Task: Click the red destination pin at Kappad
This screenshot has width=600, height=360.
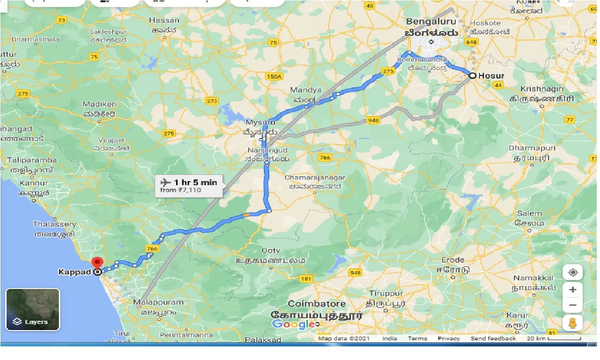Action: tap(97, 263)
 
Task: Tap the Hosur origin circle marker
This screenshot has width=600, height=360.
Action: tap(472, 75)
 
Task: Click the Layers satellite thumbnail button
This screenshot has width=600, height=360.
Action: tap(33, 309)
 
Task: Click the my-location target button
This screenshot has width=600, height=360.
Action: tap(572, 273)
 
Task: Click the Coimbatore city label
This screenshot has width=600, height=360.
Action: tap(316, 304)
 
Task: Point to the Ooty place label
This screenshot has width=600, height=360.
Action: tap(271, 251)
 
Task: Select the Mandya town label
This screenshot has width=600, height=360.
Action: tap(306, 90)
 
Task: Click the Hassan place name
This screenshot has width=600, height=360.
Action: tap(164, 20)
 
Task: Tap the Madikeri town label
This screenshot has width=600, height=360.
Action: tap(100, 104)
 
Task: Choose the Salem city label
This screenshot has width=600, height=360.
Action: tap(529, 213)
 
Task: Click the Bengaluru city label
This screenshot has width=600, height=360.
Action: tap(431, 22)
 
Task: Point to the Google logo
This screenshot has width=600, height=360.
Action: tap(293, 324)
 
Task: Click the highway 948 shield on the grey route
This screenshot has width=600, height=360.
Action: tap(373, 120)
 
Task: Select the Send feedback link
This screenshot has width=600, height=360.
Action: tap(493, 338)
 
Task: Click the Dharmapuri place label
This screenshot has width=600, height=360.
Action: tap(532, 148)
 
